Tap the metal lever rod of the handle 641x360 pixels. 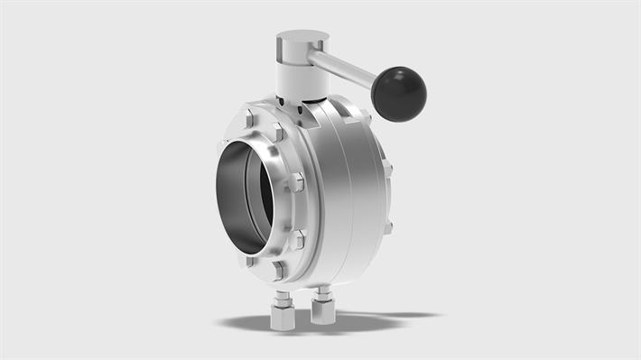343,67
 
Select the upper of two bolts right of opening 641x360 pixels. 295,181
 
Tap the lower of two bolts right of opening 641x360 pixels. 298,237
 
